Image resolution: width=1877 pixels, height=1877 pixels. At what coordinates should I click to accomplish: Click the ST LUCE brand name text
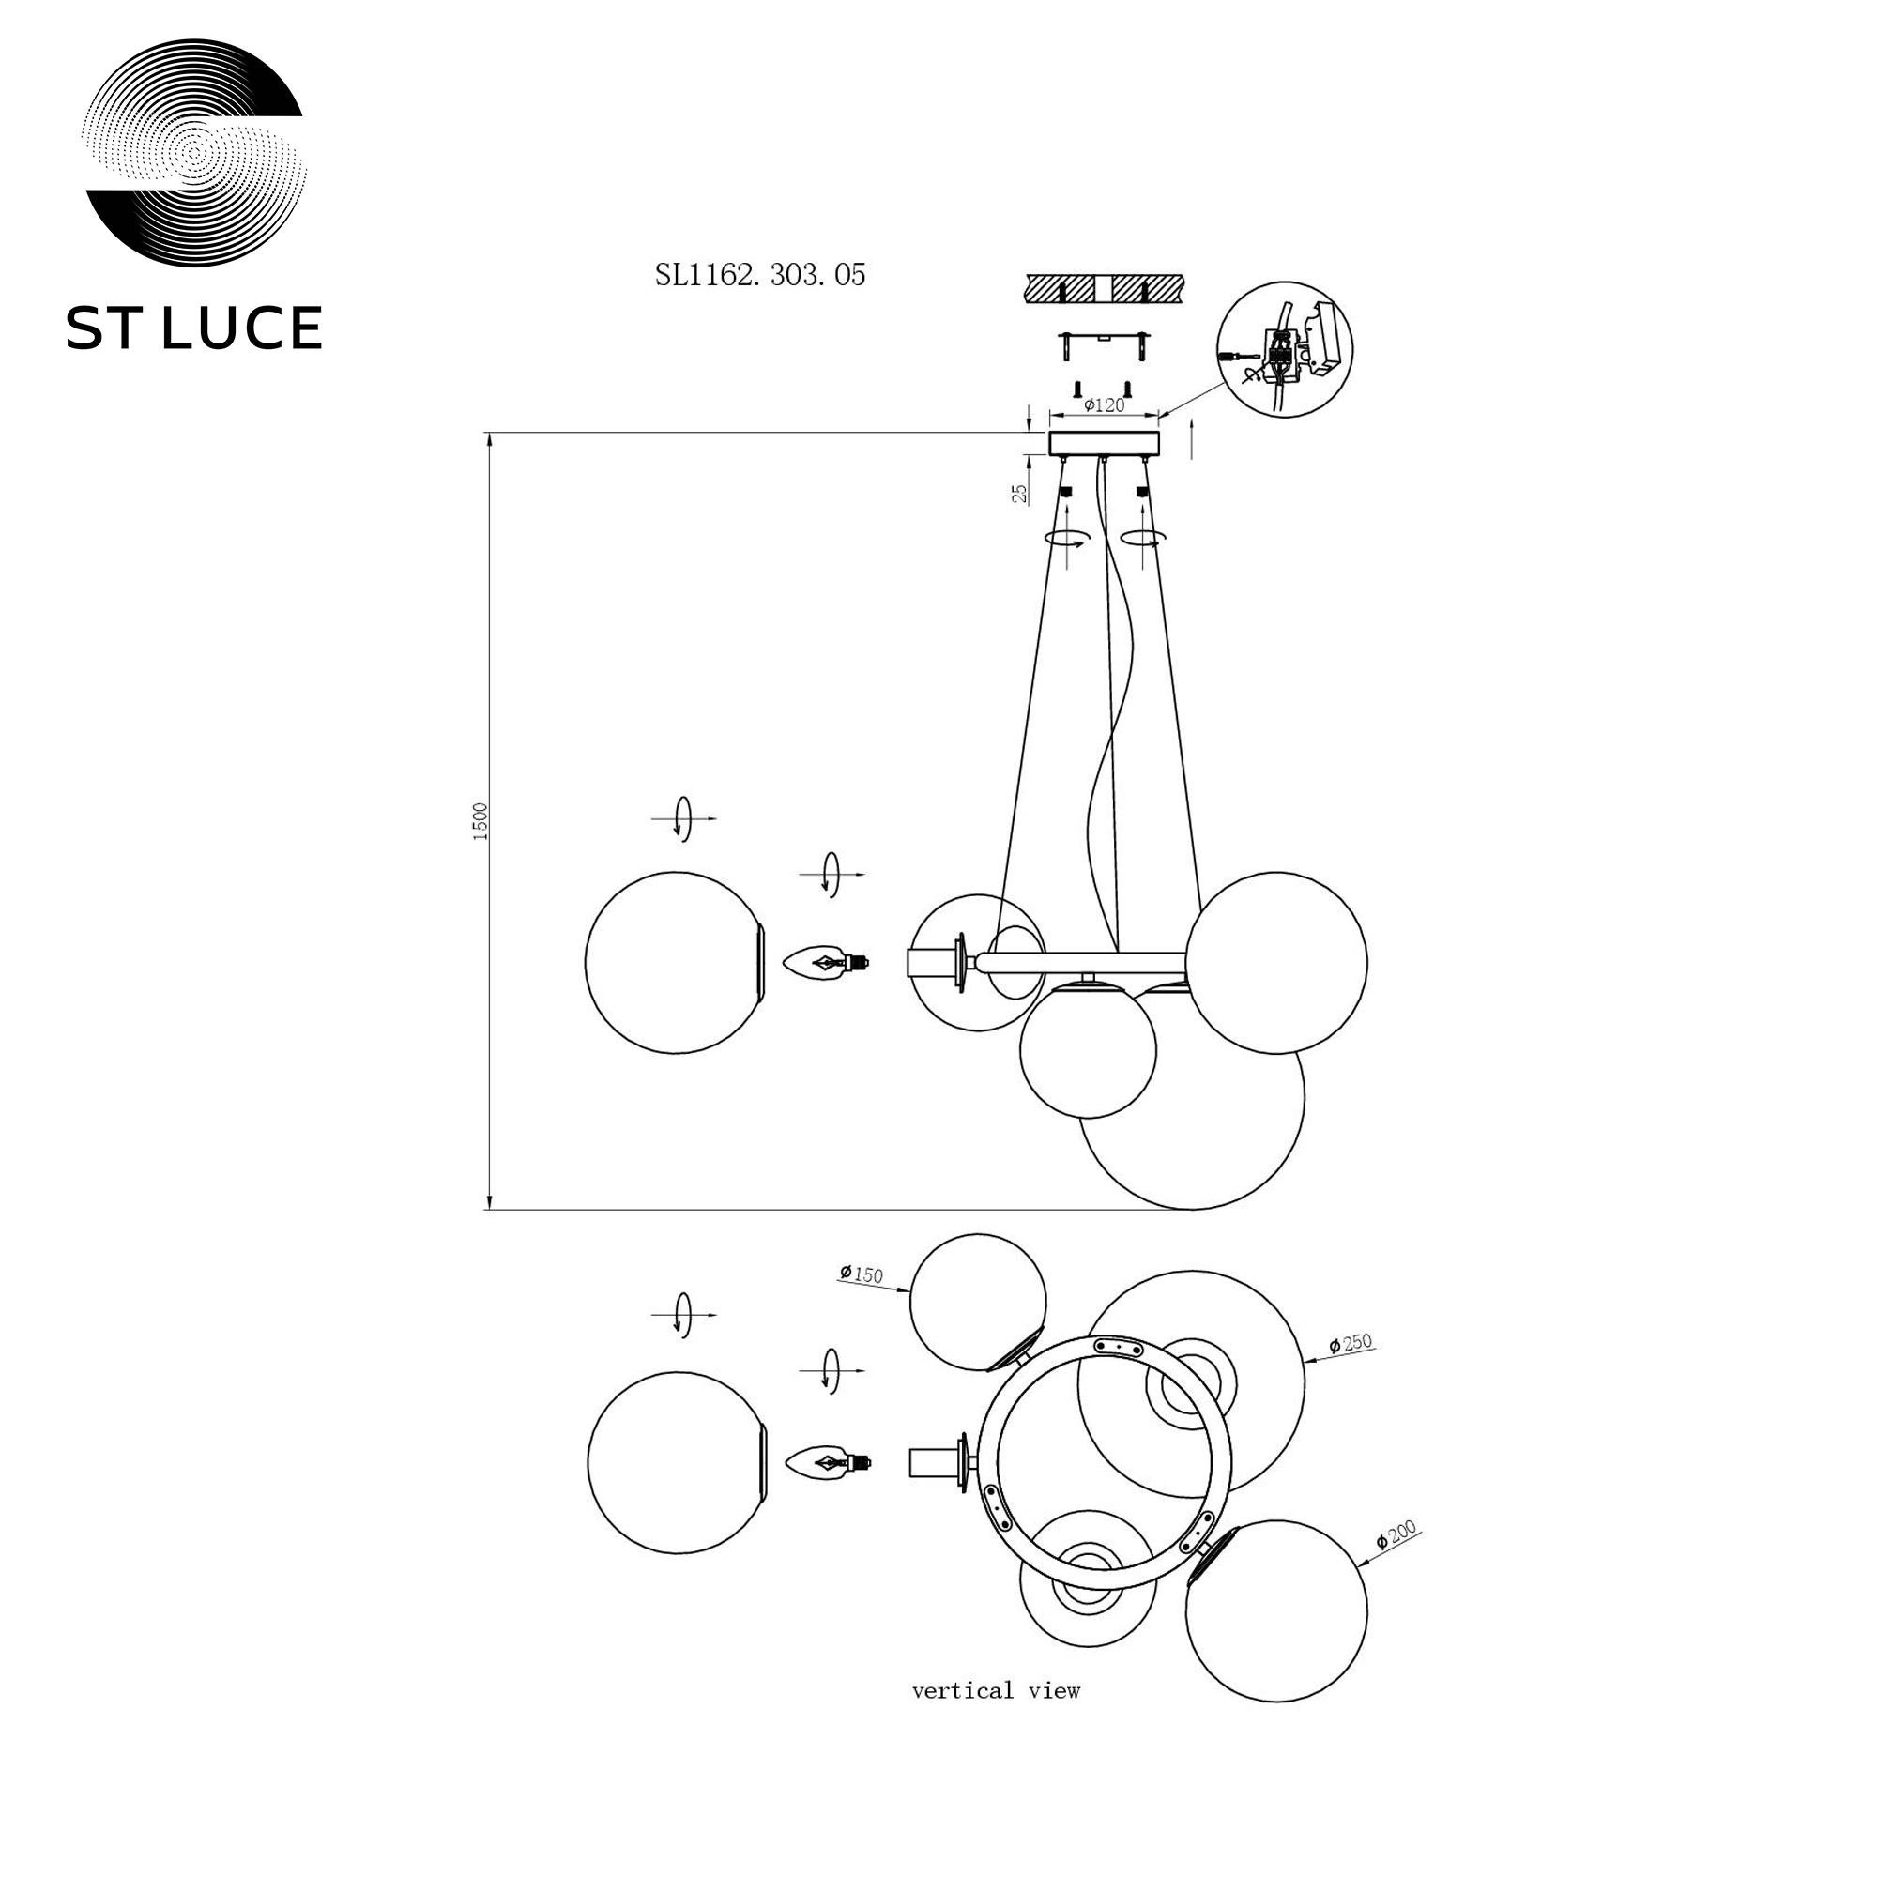click(193, 328)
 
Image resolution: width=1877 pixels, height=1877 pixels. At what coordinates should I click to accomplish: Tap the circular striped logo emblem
click(194, 153)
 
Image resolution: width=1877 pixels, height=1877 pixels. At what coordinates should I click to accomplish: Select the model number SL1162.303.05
click(760, 275)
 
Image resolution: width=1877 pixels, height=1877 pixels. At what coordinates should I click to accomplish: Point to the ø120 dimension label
click(1104, 405)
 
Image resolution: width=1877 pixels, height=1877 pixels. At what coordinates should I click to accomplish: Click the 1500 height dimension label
click(479, 821)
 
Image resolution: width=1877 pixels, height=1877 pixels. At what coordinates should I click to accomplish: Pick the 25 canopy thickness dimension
click(1019, 493)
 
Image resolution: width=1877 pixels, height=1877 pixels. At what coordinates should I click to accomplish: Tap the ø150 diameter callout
click(862, 1274)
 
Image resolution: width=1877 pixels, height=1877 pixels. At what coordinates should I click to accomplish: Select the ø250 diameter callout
click(1351, 1344)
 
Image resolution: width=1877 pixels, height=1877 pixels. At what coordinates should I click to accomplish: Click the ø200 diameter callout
click(1397, 1534)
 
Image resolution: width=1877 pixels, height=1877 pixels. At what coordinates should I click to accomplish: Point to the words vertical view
click(996, 1691)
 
